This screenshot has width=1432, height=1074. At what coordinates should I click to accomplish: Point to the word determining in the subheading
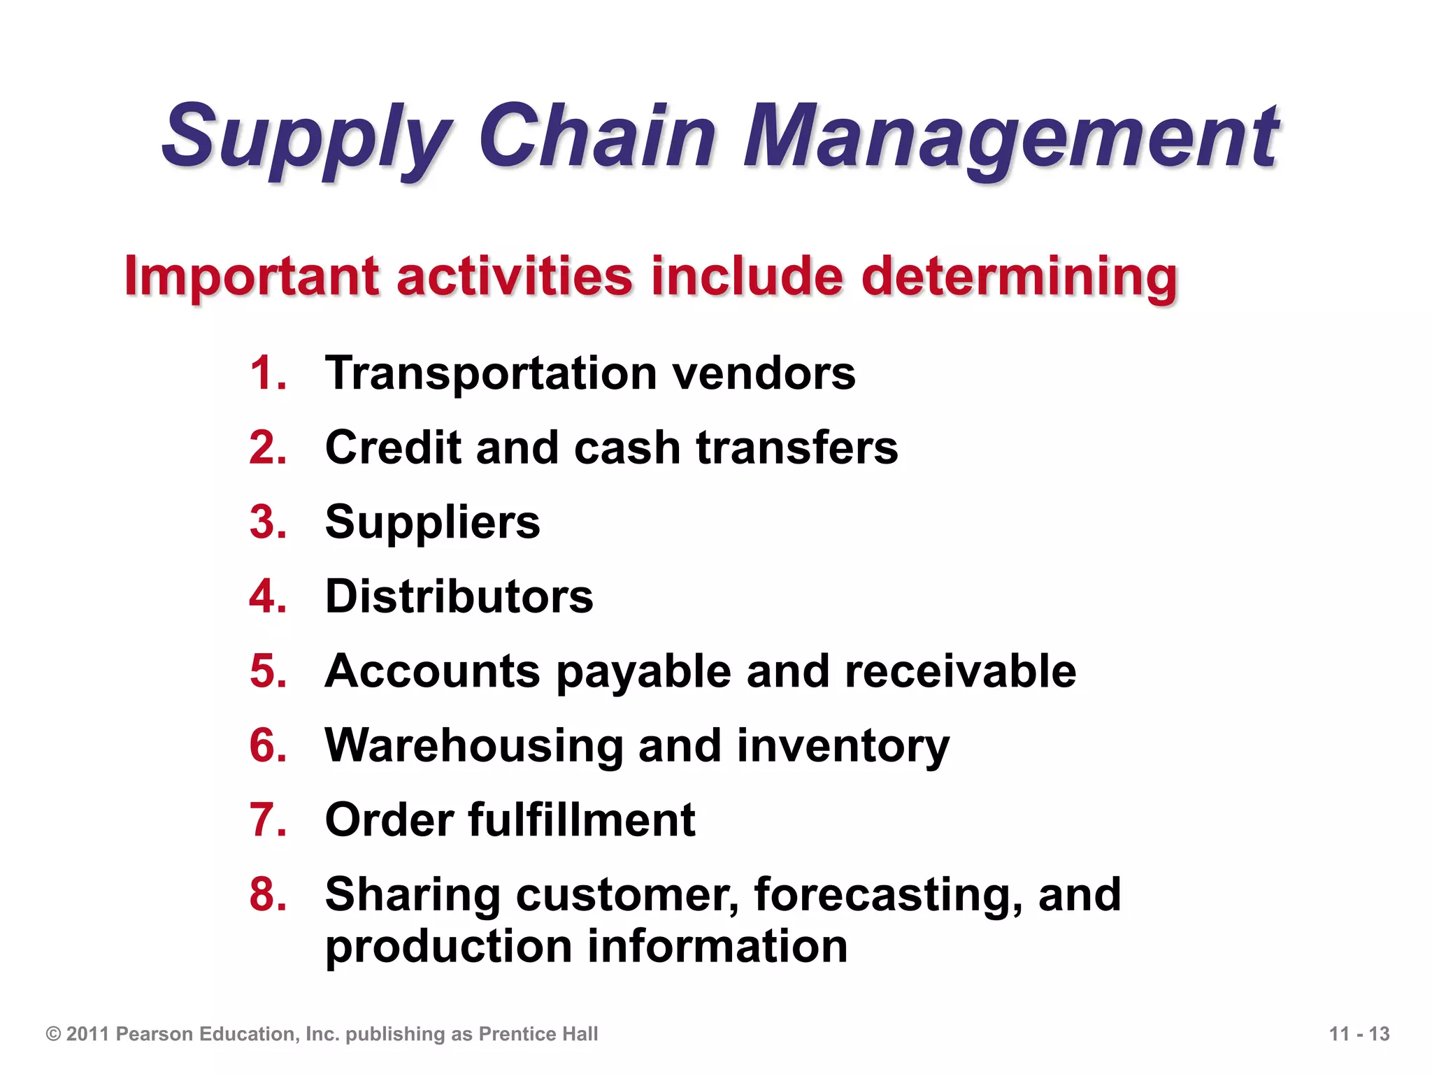[1019, 277]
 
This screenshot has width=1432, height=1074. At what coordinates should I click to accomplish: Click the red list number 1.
[268, 373]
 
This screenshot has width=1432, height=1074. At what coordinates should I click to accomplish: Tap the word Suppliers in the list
[432, 523]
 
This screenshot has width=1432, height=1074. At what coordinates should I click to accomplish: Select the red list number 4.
[268, 597]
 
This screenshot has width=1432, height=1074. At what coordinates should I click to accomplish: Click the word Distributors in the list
[459, 597]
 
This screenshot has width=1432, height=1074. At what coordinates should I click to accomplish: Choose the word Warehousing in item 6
[474, 746]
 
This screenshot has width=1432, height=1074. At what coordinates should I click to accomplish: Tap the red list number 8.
[268, 895]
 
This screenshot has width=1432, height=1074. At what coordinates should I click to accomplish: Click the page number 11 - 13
[1359, 1034]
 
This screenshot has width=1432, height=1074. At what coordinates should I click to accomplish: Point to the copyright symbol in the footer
[54, 1034]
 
